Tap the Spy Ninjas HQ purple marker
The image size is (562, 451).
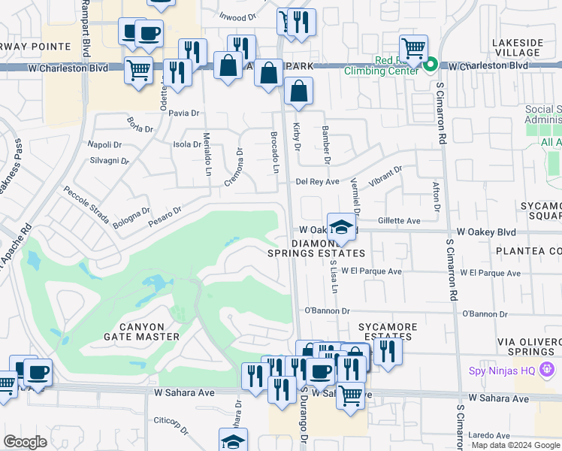[x=547, y=369]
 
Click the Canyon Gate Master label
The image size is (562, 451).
[x=141, y=331]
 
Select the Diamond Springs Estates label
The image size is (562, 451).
[x=316, y=248]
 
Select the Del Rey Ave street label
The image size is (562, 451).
[x=317, y=181]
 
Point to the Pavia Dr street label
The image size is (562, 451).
[x=183, y=114]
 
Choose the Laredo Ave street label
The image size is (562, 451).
[x=490, y=435]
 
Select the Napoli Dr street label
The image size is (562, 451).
[x=104, y=144]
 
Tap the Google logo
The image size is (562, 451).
[x=25, y=442]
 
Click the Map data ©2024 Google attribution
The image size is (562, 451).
[x=515, y=445]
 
